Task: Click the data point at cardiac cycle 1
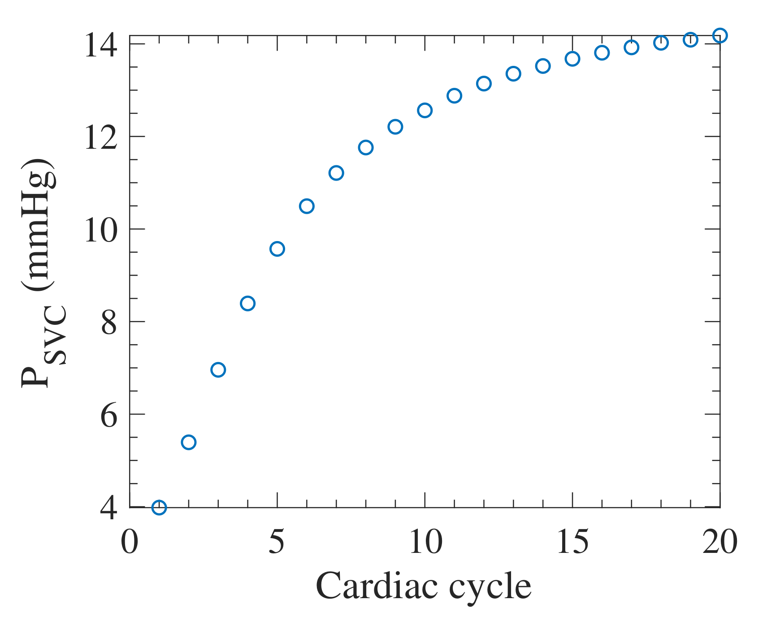(x=159, y=507)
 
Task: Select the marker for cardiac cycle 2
(x=189, y=442)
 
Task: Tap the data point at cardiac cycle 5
(x=277, y=249)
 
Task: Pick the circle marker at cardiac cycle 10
(x=425, y=110)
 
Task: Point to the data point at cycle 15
(x=572, y=59)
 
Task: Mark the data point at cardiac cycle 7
(x=336, y=173)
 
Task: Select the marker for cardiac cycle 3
(x=218, y=370)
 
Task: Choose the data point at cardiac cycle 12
(x=484, y=83)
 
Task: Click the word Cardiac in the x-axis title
(x=376, y=586)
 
